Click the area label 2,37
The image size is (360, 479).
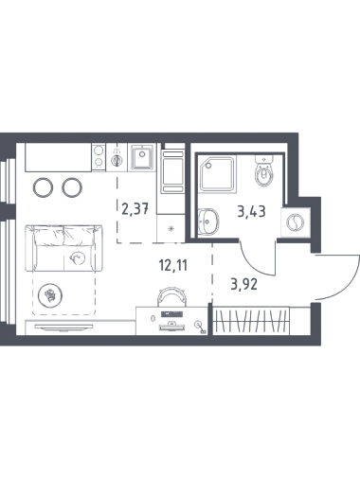(x=135, y=208)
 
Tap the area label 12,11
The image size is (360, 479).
(x=173, y=266)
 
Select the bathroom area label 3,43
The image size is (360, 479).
(x=251, y=211)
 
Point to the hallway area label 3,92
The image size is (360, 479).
(x=244, y=284)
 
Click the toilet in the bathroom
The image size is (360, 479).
(x=263, y=171)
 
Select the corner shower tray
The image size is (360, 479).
(x=217, y=174)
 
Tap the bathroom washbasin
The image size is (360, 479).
(x=208, y=222)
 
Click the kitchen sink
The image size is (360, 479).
(x=142, y=157)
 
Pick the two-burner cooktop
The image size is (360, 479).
(x=99, y=157)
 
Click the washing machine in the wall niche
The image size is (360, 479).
(x=296, y=222)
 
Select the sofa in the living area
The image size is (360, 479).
(x=63, y=248)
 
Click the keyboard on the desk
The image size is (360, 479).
(x=171, y=314)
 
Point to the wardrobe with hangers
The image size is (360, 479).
(x=251, y=320)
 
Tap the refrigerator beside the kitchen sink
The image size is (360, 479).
(x=172, y=171)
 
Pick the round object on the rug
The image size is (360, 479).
(x=50, y=295)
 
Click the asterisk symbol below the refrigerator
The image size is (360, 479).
(x=171, y=229)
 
